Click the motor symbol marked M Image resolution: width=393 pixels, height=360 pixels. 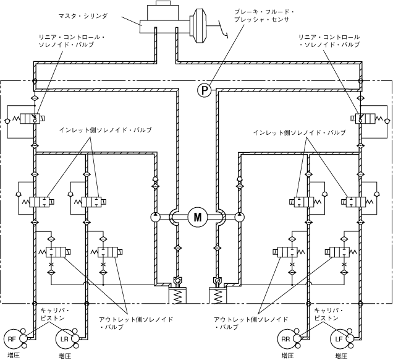point(198,217)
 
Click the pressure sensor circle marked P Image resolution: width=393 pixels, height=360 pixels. point(205,90)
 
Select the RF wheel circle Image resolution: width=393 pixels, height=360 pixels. point(12,339)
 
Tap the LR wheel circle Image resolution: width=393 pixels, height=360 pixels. point(64,339)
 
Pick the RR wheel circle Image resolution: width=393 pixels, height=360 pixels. point(285,339)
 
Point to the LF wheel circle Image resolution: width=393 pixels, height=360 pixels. point(339,339)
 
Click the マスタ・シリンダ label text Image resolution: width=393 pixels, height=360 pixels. point(83,16)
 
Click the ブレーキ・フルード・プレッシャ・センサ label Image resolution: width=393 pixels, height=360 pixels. point(264,15)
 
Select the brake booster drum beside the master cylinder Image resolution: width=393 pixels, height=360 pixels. point(199,25)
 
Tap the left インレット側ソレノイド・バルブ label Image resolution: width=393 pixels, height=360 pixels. point(105,130)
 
